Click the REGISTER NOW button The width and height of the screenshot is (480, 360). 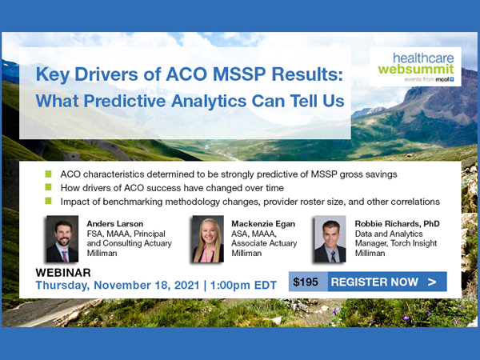click(x=387, y=282)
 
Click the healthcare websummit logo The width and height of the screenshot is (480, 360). click(x=415, y=66)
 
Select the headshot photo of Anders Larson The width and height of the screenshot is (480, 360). click(x=62, y=238)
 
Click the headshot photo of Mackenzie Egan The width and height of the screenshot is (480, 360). click(x=208, y=238)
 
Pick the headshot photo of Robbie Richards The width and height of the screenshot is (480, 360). click(x=330, y=238)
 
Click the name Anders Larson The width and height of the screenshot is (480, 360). click(x=114, y=224)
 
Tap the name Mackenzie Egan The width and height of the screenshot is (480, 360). click(x=263, y=224)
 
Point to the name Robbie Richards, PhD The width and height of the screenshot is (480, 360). click(x=397, y=224)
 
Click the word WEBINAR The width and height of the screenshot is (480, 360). click(x=63, y=273)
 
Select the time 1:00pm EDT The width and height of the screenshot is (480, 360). click(x=243, y=286)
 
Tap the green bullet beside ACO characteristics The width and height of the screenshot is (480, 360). click(x=48, y=174)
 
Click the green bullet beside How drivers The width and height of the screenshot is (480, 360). click(x=48, y=187)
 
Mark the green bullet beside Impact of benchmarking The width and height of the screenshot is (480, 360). click(x=48, y=201)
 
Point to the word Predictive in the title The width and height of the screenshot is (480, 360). click(x=125, y=101)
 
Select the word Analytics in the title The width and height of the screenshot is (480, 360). click(x=209, y=102)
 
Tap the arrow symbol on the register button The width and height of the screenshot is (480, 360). click(x=432, y=282)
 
